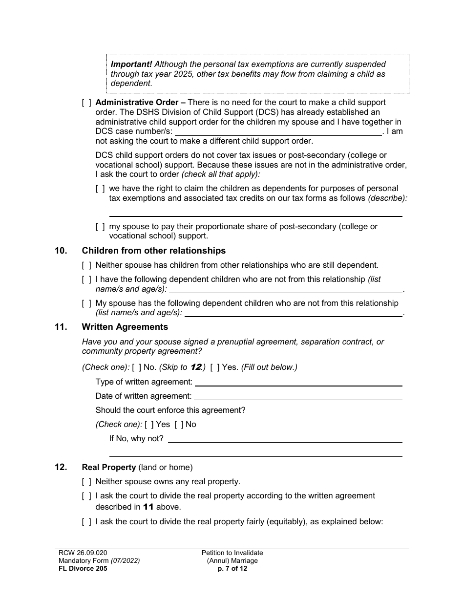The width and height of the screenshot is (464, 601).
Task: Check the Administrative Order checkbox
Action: pos(86,103)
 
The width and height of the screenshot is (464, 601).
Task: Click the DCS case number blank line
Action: pos(278,132)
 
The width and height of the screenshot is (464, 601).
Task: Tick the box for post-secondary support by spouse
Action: pos(100,227)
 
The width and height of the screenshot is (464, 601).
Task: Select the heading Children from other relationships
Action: pos(153,251)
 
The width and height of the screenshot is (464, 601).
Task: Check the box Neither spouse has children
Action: pos(86,265)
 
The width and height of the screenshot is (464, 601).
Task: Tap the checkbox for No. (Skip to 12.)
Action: pos(137,367)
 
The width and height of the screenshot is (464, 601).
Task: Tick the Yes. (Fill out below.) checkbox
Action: pos(215,367)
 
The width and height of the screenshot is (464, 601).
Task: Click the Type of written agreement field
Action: pos(298,382)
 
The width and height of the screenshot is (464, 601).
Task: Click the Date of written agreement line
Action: pos(298,396)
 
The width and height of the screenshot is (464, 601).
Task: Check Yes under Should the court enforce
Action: pos(149,425)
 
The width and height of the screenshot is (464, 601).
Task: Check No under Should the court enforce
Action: pos(179,425)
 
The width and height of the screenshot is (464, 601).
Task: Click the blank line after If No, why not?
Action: pos(285,439)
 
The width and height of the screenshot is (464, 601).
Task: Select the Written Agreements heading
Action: pos(125,327)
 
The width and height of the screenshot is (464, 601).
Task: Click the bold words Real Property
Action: pos(108,468)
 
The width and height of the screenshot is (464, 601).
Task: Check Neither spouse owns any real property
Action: pos(86,482)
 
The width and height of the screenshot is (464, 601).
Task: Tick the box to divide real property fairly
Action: pos(86,522)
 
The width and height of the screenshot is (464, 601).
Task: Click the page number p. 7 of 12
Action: pos(232,568)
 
